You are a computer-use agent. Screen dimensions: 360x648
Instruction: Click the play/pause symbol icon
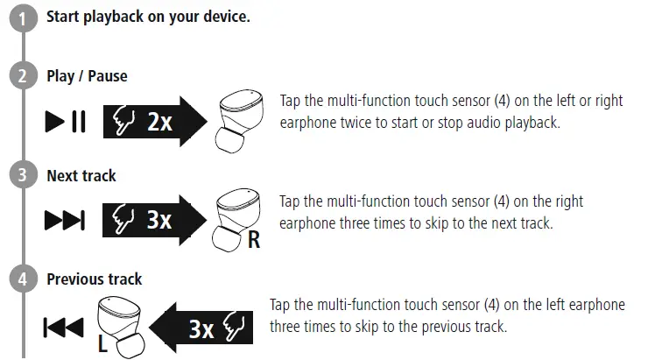tap(65, 123)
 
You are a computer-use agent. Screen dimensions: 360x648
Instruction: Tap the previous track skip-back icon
tap(63, 328)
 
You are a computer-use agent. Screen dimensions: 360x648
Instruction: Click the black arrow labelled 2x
tap(154, 123)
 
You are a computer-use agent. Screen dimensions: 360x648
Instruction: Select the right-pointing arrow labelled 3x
tap(154, 220)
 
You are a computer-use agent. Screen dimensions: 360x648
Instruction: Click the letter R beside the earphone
tap(254, 239)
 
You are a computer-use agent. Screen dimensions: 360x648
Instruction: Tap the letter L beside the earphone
tap(102, 344)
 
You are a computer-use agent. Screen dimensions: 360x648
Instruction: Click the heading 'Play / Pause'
tap(87, 76)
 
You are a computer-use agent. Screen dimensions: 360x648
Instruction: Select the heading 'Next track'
tap(81, 176)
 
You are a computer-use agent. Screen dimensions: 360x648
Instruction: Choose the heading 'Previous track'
tap(94, 279)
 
